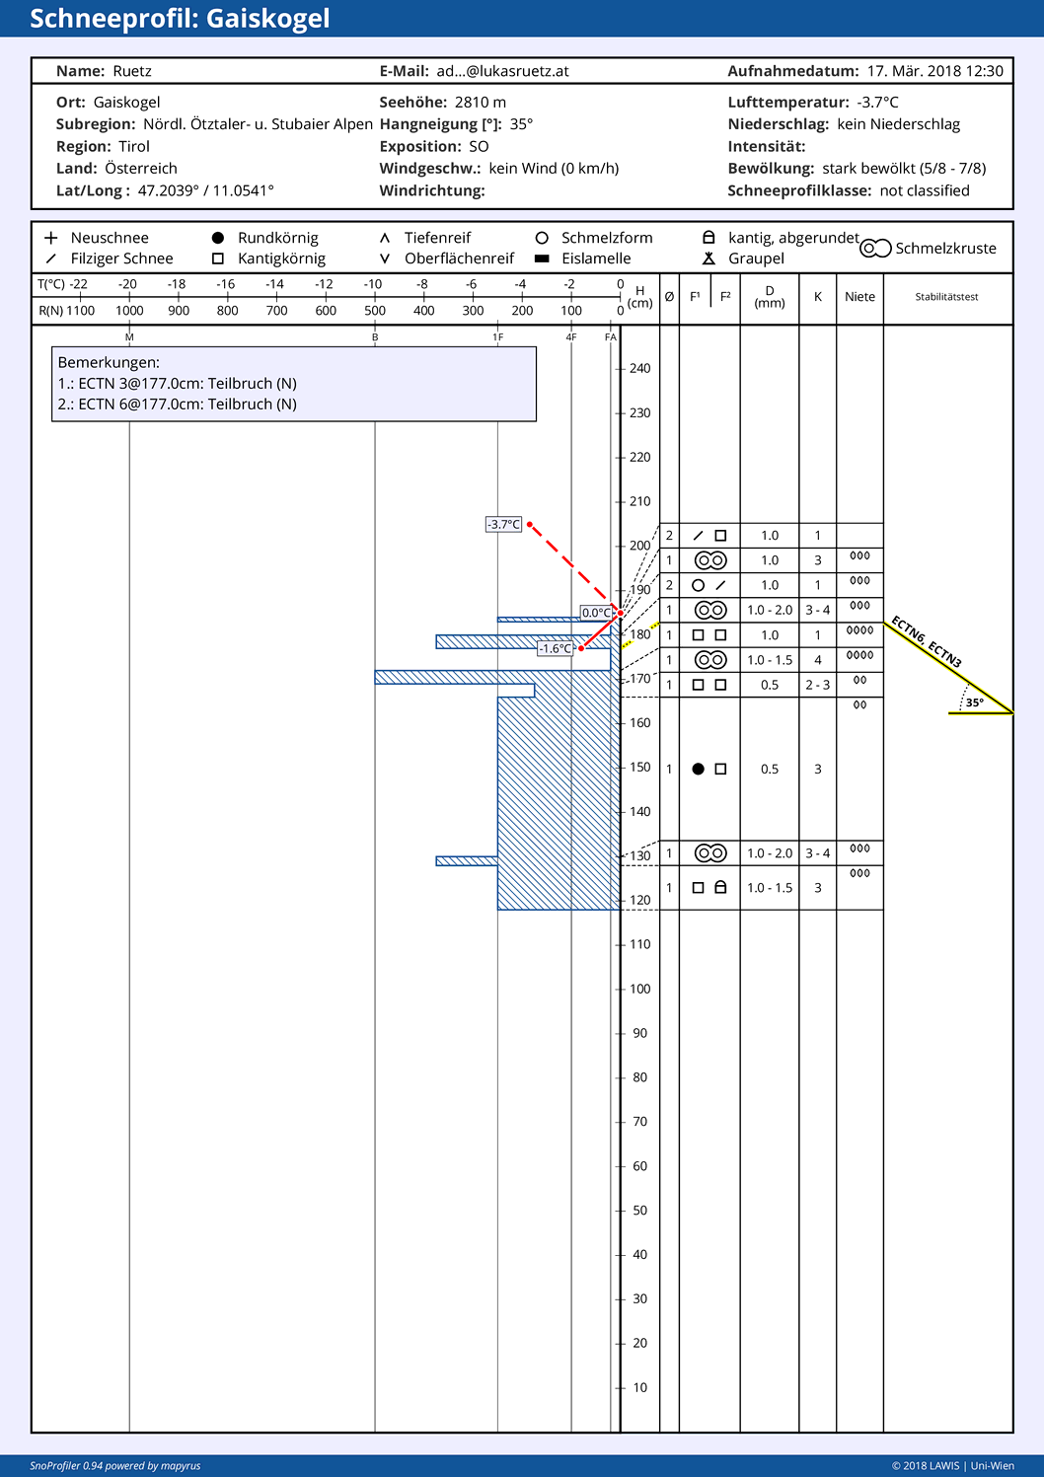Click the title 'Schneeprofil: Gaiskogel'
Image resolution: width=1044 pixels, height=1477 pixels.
tap(180, 19)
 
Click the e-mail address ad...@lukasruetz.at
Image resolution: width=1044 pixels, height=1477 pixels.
tap(502, 71)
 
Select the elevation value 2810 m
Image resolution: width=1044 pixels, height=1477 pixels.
tap(480, 103)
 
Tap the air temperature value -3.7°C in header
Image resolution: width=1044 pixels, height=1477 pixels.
tap(877, 103)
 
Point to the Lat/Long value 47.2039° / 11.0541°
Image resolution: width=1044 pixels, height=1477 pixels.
tap(205, 190)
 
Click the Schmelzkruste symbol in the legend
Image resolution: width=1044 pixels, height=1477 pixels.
tap(875, 249)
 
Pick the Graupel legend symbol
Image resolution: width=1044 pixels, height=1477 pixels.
tap(708, 258)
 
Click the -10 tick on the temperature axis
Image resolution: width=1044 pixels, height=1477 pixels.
tap(373, 284)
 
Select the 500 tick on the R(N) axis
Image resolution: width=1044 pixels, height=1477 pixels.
tap(375, 311)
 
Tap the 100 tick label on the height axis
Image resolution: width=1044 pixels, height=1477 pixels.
tap(640, 989)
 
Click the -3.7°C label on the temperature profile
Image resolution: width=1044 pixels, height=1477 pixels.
tap(503, 524)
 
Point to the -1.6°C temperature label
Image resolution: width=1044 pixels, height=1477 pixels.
tap(556, 648)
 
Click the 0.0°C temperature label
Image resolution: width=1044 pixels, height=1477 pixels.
tap(596, 613)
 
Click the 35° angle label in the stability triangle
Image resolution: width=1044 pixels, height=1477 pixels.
tap(974, 702)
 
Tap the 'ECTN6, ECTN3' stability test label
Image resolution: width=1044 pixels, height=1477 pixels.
tap(926, 641)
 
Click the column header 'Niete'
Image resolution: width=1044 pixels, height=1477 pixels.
tap(859, 297)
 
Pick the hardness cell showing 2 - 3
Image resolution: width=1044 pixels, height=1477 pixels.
tap(817, 685)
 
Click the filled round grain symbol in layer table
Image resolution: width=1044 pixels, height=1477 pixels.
tap(698, 769)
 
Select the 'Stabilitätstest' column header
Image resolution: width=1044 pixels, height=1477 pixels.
tap(946, 297)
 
